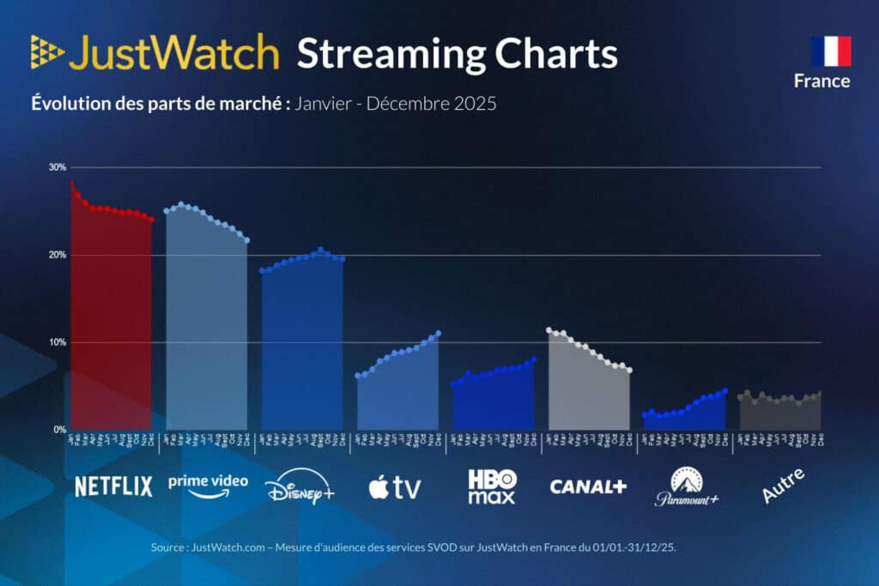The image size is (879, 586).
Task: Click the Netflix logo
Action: (x=113, y=486)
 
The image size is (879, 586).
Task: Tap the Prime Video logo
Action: (x=208, y=486)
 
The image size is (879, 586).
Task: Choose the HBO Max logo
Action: (x=492, y=486)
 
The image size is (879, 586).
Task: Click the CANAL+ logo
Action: (x=588, y=486)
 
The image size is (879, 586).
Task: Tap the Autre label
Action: (x=783, y=486)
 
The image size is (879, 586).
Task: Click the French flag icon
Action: (x=830, y=51)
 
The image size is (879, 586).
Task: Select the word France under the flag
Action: (x=821, y=82)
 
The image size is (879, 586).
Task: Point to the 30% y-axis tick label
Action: (x=58, y=167)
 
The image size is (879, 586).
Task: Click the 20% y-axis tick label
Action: (x=58, y=256)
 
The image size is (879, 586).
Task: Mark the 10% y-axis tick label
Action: (x=58, y=343)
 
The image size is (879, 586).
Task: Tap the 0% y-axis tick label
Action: (x=59, y=430)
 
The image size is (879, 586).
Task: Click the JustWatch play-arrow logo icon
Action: (x=47, y=53)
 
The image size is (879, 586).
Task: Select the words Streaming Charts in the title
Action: (x=457, y=54)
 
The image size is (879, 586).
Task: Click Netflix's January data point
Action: (x=71, y=184)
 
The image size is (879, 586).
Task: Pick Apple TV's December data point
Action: (x=439, y=333)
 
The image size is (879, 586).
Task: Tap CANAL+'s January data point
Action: (x=549, y=330)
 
